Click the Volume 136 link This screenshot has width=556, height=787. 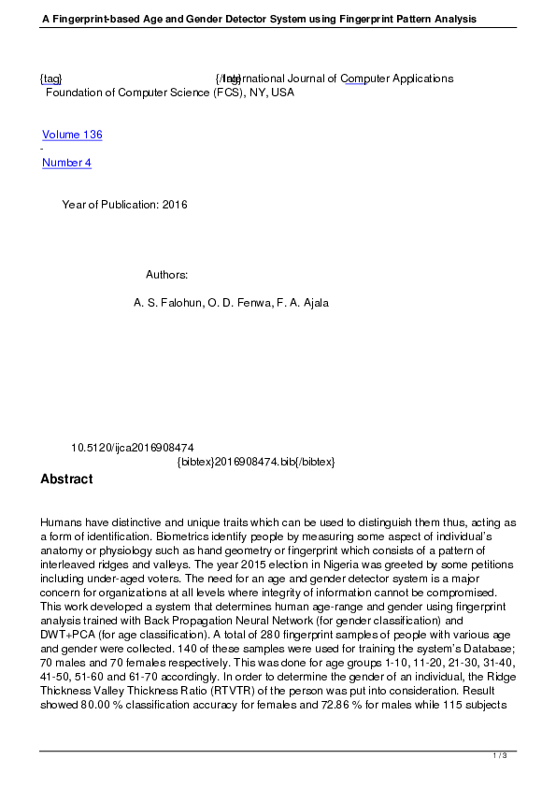(x=72, y=135)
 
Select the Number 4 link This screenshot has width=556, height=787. (x=66, y=163)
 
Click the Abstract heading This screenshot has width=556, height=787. (x=66, y=479)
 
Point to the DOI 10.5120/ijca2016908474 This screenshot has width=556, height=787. (x=133, y=448)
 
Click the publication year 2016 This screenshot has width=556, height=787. (x=175, y=205)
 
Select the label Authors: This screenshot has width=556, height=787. (x=167, y=275)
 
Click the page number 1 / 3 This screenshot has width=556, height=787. (x=500, y=755)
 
